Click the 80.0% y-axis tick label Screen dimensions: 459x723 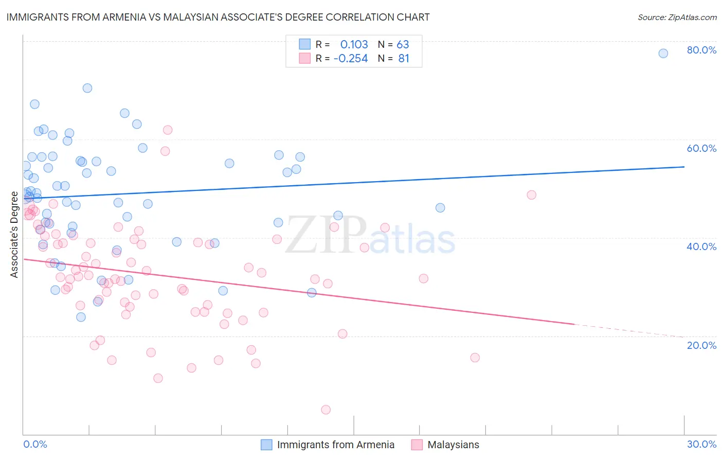pos(701,50)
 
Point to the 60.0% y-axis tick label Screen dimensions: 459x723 pos(701,148)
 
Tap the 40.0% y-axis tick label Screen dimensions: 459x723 pos(701,246)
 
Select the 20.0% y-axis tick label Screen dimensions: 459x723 pos(701,345)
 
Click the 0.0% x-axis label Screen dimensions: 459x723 pos(35,444)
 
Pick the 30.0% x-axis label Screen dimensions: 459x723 pos(701,444)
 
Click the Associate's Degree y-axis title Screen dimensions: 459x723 pos(14,235)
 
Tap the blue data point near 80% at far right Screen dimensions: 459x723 pos(663,54)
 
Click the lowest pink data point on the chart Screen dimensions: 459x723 pos(326,410)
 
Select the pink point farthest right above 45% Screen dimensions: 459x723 pos(532,195)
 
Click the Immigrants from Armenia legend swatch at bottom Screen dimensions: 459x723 pos(266,445)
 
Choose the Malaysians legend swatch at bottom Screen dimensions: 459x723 pos(417,445)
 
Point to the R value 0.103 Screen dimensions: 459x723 pos(354,44)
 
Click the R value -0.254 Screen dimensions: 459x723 pos(351,59)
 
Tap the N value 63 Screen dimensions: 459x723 pos(403,44)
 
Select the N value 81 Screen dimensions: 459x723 pos(404,59)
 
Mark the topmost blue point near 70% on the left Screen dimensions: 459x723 pos(87,88)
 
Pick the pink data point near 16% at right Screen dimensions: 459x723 pos(475,358)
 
